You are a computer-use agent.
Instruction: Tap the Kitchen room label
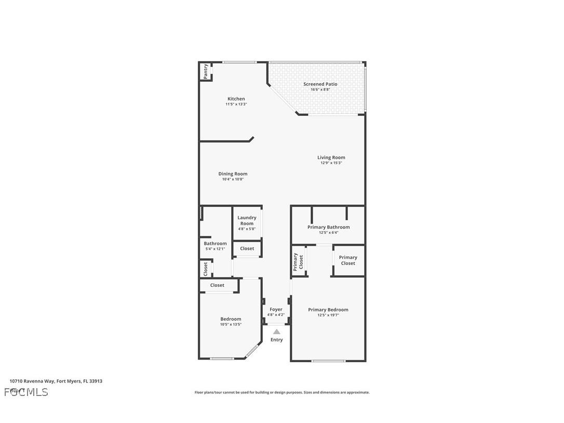pyautogui.click(x=236, y=99)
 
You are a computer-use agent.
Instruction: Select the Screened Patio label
pyautogui.click(x=320, y=84)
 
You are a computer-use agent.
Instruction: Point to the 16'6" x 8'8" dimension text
pyautogui.click(x=320, y=89)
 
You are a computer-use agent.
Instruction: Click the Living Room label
pyautogui.click(x=331, y=157)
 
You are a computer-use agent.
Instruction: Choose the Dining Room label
pyautogui.click(x=233, y=174)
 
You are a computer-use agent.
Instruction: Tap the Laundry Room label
pyautogui.click(x=247, y=220)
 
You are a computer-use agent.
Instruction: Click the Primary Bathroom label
pyautogui.click(x=328, y=227)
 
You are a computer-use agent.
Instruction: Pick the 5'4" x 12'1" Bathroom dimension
pyautogui.click(x=215, y=249)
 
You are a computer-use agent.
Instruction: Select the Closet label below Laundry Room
pyautogui.click(x=247, y=248)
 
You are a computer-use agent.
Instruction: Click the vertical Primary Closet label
pyautogui.click(x=298, y=261)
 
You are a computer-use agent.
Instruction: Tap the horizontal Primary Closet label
pyautogui.click(x=348, y=260)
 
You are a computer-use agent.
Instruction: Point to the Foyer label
pyautogui.click(x=276, y=309)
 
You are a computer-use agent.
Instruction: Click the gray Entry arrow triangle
pyautogui.click(x=277, y=332)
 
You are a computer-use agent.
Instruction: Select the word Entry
pyautogui.click(x=277, y=340)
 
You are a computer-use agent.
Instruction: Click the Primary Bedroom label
pyautogui.click(x=328, y=310)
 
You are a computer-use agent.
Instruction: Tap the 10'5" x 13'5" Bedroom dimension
pyautogui.click(x=231, y=324)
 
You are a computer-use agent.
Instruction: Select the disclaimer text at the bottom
pyautogui.click(x=282, y=392)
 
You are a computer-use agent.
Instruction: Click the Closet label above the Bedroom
pyautogui.click(x=217, y=285)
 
